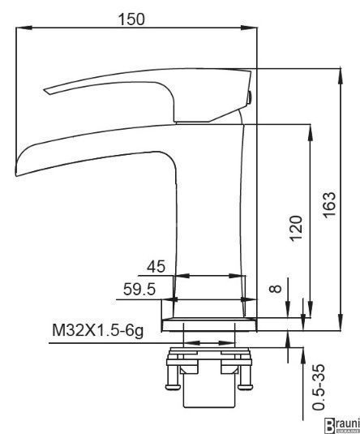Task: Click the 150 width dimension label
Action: click(131, 19)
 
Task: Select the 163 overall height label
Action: click(329, 204)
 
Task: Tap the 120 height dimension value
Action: click(296, 228)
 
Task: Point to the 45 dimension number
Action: click(156, 267)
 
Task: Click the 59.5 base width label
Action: click(139, 290)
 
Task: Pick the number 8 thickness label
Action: click(276, 289)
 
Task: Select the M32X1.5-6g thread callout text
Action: click(98, 330)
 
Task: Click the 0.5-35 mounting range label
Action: click(318, 387)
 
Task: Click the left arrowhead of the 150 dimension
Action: click(24, 28)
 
